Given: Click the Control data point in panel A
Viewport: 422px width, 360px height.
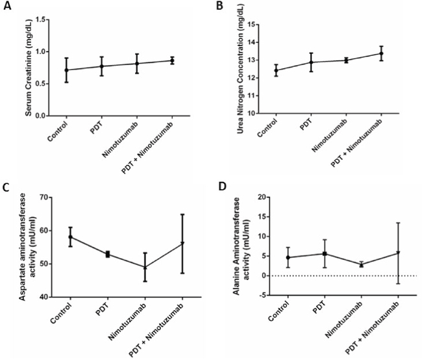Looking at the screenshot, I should pyautogui.click(x=66, y=70).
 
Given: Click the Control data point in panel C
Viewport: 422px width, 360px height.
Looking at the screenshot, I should pyautogui.click(x=71, y=237).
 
